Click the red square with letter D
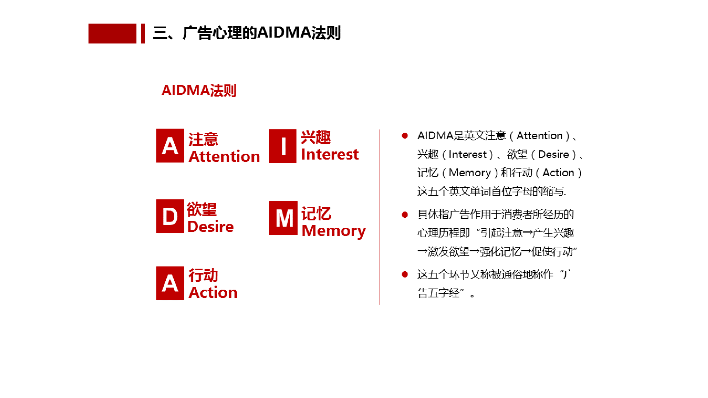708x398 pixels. pos(170,216)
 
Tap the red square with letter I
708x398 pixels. pos(282,146)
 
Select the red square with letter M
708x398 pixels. pos(283,218)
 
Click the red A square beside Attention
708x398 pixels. pos(170,146)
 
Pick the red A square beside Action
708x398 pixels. pos(170,283)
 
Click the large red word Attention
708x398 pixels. pos(224,157)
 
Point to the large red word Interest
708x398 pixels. pos(330,154)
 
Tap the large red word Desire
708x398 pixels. pos(211,227)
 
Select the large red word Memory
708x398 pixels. pos(334,231)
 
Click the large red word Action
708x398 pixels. pos(213,293)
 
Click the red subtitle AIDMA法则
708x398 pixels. pos(199,90)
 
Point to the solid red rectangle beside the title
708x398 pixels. pos(112,34)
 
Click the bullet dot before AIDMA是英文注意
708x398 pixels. pos(405,136)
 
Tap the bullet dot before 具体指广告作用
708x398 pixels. pos(405,214)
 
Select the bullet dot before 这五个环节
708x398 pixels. pos(405,274)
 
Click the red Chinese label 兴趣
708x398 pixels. pos(316,137)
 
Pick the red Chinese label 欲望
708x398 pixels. pos(202,209)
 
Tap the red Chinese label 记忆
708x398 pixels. pos(316,214)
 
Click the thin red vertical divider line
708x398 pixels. pos(379,217)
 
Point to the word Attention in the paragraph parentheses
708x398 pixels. pos(539,136)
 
